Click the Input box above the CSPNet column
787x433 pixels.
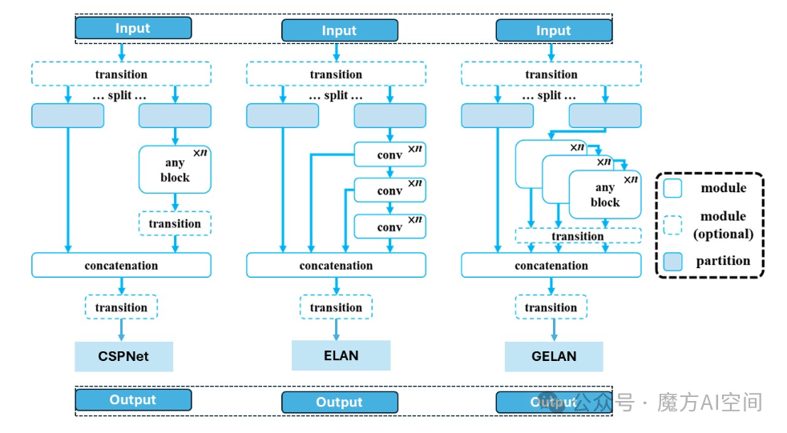(133, 28)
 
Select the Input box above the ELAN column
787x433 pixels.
(339, 30)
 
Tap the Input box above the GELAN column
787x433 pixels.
(554, 30)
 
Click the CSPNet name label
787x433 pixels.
(123, 356)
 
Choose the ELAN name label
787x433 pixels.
(341, 355)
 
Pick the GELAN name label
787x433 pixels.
(554, 356)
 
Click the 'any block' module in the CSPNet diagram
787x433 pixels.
(175, 170)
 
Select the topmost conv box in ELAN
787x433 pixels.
(389, 154)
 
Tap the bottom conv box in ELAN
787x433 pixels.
(389, 227)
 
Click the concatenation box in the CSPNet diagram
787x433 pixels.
(121, 265)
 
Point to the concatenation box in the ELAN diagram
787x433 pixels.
(336, 265)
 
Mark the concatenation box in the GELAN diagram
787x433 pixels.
(551, 265)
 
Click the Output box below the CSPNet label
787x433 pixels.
(133, 399)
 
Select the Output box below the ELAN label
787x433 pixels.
(339, 402)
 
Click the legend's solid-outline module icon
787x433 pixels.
(672, 188)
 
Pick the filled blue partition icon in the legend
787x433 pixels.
(672, 260)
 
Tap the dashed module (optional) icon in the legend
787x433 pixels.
(672, 224)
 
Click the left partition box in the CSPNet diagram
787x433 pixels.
(67, 115)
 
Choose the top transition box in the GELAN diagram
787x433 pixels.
(551, 74)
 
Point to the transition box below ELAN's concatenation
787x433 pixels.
(336, 307)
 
